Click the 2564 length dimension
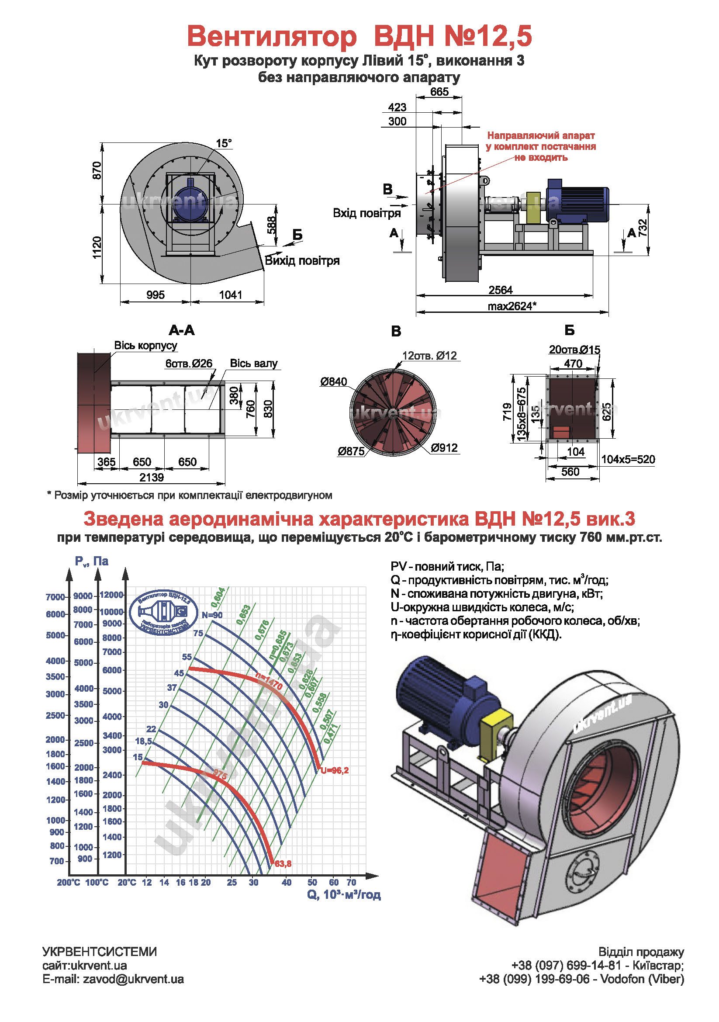501,290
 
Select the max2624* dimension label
512,306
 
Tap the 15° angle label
224,143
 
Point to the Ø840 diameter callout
333,381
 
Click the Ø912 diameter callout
444,448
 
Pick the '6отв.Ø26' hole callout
189,363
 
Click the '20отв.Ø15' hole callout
574,350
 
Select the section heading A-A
182,330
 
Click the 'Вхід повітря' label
366,213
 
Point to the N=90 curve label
212,615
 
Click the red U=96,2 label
335,770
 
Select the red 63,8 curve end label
283,864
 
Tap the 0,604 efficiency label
218,598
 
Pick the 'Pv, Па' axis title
92,561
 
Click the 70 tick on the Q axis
351,882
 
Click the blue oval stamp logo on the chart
164,612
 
